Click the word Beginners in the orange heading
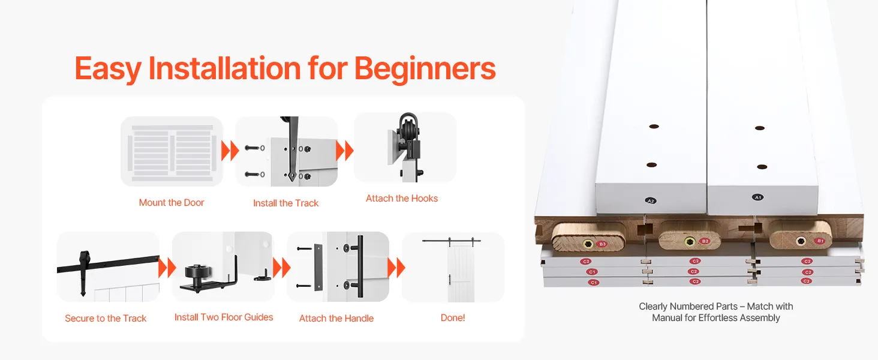[425, 69]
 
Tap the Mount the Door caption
[172, 203]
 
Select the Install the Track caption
[285, 203]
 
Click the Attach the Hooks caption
[402, 199]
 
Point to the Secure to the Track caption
[106, 319]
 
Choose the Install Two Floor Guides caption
[224, 317]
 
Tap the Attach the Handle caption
[336, 319]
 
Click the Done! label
[453, 317]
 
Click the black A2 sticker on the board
[651, 201]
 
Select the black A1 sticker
[757, 197]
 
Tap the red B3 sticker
[603, 244]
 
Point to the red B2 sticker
[705, 241]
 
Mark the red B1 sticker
[820, 241]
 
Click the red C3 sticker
[806, 281]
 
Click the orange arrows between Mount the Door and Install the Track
[230, 151]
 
